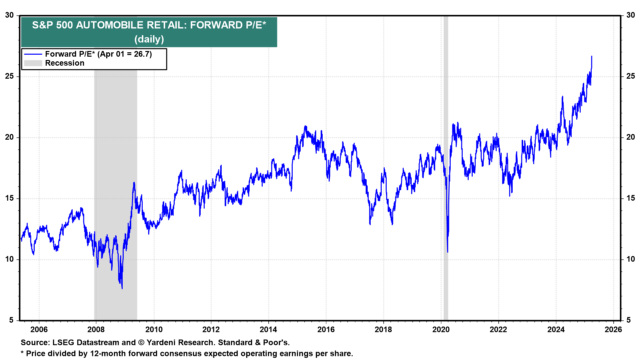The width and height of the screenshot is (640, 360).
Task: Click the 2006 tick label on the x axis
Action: pyautogui.click(x=39, y=330)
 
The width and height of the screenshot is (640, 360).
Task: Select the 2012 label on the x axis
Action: pyautogui.click(x=211, y=330)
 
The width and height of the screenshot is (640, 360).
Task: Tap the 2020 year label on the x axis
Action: pyautogui.click(x=441, y=330)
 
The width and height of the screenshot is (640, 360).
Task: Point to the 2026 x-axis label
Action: pyautogui.click(x=613, y=330)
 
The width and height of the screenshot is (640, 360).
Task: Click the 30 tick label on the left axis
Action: pyautogui.click(x=9, y=15)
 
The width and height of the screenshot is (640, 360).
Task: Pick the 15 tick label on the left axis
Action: pyautogui.click(x=9, y=198)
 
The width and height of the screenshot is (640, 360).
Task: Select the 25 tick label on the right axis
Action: pyautogui.click(x=631, y=76)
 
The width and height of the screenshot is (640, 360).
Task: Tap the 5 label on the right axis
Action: pyautogui.click(x=629, y=320)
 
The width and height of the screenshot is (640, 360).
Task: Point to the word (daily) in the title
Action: pyautogui.click(x=149, y=39)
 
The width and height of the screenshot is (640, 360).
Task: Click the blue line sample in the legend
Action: pyautogui.click(x=33, y=54)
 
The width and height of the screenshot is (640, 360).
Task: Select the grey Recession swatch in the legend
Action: pyautogui.click(x=33, y=63)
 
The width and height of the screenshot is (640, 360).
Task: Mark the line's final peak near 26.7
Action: pyautogui.click(x=592, y=57)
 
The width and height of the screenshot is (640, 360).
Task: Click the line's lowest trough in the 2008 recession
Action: pyautogui.click(x=122, y=288)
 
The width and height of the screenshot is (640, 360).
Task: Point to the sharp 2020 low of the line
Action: pyautogui.click(x=447, y=252)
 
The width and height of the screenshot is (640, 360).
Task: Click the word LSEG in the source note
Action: pyautogui.click(x=64, y=343)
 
